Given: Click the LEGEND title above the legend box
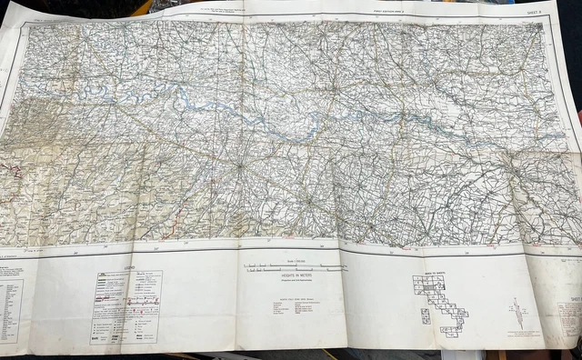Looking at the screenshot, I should (x=128, y=268).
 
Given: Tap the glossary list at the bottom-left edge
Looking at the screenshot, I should (x=11, y=309).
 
